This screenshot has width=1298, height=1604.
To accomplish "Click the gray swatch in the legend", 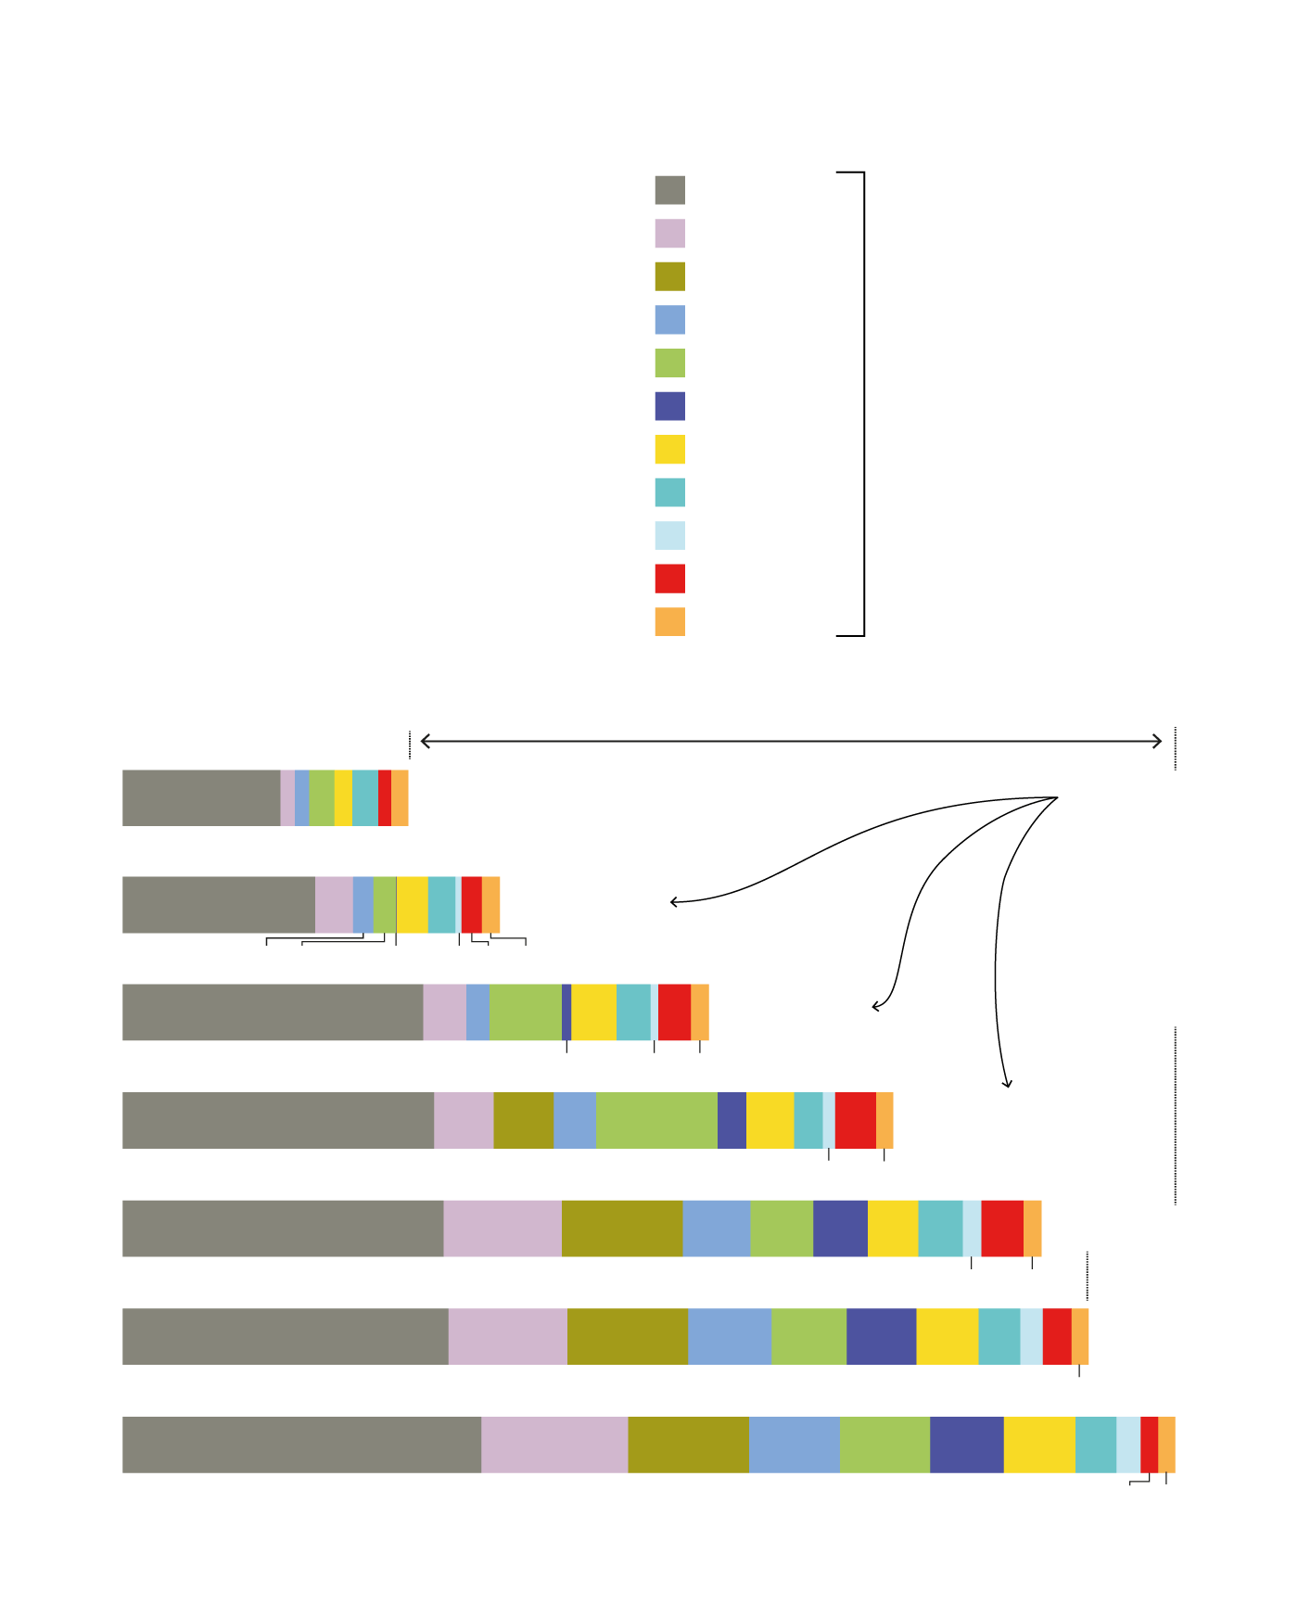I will coord(669,190).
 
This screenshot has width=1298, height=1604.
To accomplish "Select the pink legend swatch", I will coord(669,234).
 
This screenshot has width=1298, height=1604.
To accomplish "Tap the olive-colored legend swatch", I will coord(669,276).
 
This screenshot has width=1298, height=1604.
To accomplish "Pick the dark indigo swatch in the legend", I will coord(669,406).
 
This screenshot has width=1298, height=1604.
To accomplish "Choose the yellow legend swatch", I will coord(669,450).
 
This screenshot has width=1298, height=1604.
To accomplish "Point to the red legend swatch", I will coord(669,579).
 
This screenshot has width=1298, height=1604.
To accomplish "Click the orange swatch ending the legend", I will coord(669,622).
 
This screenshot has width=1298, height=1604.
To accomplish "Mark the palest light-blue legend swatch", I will coord(669,536).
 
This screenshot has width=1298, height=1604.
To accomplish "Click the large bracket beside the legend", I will coord(863,404).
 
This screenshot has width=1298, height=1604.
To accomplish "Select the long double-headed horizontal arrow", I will coord(791,741).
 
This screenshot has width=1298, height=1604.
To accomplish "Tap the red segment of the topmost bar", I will coord(385,797).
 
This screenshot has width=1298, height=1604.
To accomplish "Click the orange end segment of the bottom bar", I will coord(1167,1445).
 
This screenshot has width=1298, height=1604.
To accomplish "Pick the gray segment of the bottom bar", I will coord(301,1445).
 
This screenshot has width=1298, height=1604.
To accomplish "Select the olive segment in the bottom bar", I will coord(688,1445).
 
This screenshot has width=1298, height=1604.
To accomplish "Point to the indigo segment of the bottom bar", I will coord(966,1445).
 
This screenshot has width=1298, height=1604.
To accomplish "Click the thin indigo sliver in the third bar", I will coord(566,1012).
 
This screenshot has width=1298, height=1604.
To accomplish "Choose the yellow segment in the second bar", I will coord(412,905).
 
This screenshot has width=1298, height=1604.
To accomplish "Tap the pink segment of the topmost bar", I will coord(287,797).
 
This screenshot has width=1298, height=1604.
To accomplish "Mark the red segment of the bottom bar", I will coord(1150,1445).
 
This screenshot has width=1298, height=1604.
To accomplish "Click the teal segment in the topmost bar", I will coord(365,797).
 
